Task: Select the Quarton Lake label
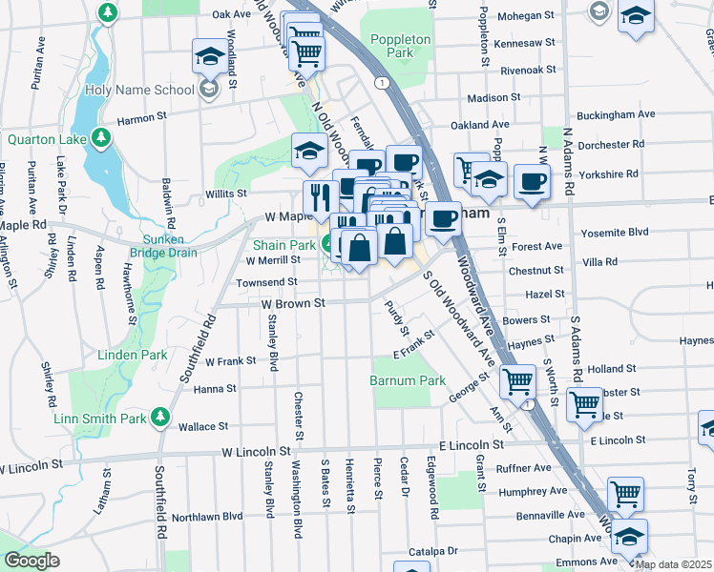pos(47,139)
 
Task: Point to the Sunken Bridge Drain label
pos(170,246)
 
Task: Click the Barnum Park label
pos(408,380)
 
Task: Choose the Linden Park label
pos(132,355)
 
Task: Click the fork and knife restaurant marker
pos(318,198)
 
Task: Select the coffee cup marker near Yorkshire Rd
pos(532,181)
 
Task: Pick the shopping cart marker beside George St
pos(517,380)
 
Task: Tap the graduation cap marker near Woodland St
pos(209,57)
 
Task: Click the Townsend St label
pos(268,283)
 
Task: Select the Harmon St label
pos(141,120)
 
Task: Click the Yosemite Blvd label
pos(615,232)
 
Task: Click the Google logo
pos(31,560)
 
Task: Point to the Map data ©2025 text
pos(671,564)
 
